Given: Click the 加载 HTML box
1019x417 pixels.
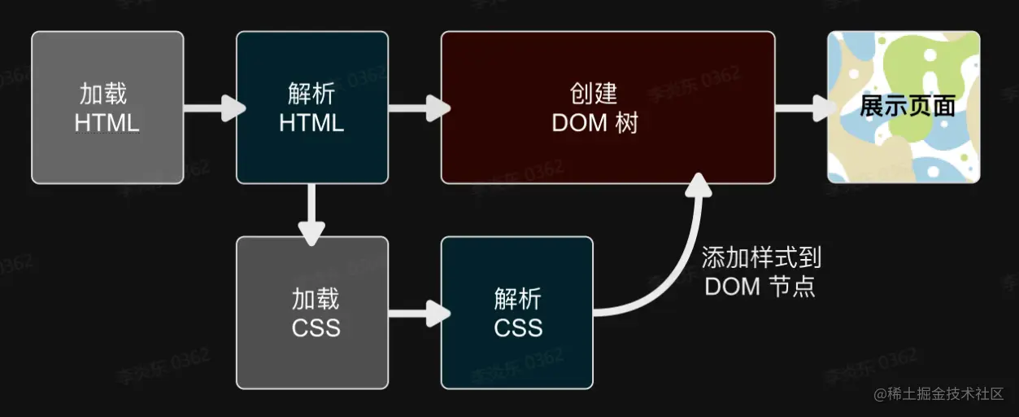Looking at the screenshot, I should coord(107,108).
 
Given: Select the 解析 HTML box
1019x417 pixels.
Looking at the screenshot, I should coord(311,108).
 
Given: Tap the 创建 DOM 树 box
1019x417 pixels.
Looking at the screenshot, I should coord(607,108).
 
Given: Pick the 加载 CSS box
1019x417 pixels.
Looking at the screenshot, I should coord(311,312).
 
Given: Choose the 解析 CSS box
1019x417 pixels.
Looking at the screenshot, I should coord(516,312).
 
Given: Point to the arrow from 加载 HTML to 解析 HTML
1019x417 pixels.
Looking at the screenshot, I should coord(213,108).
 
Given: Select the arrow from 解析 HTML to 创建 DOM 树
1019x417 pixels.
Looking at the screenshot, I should coord(418,108).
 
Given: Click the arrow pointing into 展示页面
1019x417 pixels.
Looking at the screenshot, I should coord(803,108).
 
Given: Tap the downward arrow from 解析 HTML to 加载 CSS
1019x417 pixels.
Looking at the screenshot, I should coord(312,213).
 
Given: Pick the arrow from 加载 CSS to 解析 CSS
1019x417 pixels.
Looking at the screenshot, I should coord(418,312).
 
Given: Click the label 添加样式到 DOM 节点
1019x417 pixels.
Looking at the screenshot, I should coord(761,272).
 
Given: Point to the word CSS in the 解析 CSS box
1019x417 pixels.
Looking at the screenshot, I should coord(518,327).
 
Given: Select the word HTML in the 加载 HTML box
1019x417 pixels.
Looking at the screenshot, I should coord(107,123).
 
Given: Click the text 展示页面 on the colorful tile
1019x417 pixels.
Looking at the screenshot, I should coord(907,107).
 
